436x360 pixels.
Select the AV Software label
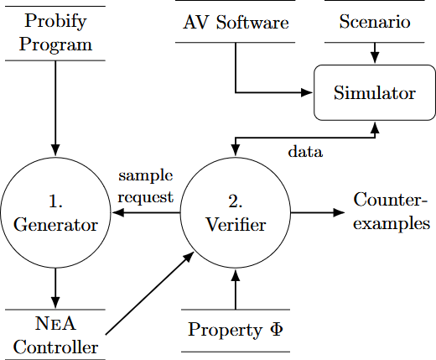235,22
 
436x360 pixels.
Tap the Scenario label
375,22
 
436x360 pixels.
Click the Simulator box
374,92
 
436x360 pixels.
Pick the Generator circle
55,213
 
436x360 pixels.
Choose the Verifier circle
236,213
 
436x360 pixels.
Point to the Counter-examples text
392,211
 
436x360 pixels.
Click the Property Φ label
236,329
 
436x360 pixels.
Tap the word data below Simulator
305,153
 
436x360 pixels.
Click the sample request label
145,186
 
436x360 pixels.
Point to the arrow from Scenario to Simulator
375,50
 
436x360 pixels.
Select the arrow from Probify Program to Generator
55,109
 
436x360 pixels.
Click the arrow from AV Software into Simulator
268,91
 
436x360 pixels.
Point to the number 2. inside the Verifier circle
236,201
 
